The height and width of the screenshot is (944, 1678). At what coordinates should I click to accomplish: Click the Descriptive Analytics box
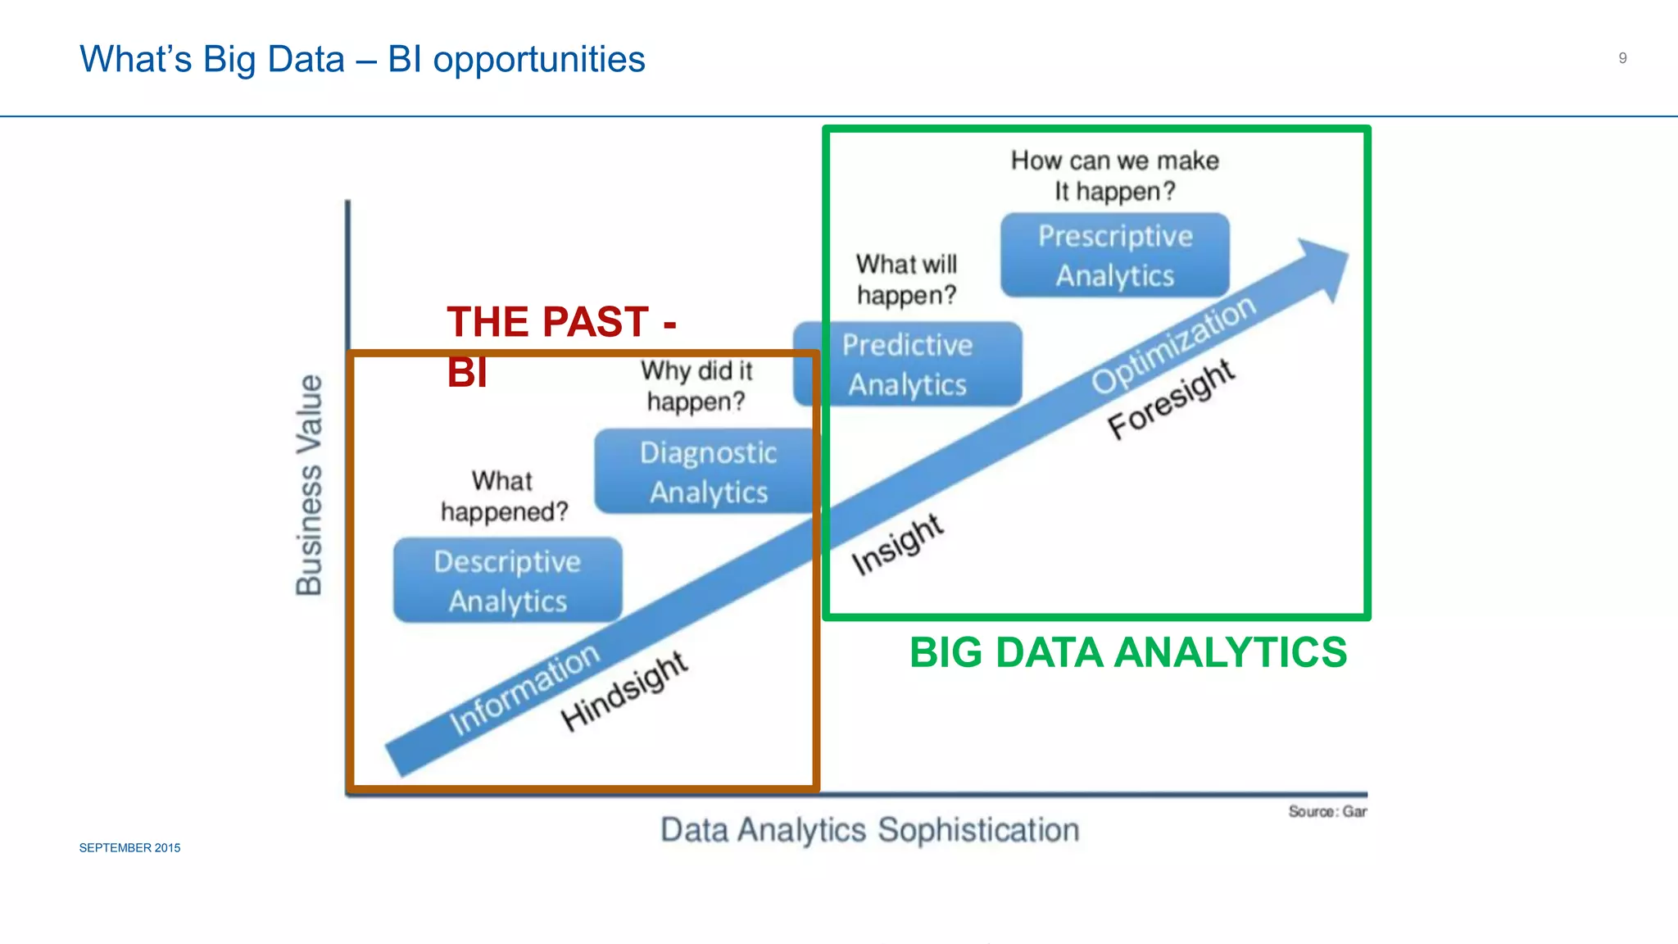(507, 580)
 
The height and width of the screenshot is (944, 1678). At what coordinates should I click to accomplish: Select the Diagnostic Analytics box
(706, 472)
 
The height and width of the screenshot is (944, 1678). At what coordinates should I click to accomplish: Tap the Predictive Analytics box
(908, 365)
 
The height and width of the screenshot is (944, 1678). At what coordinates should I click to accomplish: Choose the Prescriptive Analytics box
(1114, 256)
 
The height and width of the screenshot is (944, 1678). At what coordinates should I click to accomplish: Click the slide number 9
(1622, 58)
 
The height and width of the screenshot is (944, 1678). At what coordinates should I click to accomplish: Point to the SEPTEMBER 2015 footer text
(129, 848)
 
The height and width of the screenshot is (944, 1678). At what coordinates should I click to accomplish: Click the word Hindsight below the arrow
(624, 692)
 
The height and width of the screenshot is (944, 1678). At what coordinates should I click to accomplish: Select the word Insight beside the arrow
(898, 545)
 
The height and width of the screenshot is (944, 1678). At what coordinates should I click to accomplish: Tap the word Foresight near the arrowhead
(1171, 400)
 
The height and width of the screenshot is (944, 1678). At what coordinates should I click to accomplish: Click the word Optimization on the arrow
(1173, 344)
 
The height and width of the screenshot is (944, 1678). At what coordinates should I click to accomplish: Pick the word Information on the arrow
(524, 690)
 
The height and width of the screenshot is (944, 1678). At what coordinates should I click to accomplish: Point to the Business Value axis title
(310, 485)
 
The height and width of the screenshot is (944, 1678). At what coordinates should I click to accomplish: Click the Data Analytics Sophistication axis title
(870, 830)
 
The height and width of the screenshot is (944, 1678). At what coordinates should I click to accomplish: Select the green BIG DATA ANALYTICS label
(1127, 653)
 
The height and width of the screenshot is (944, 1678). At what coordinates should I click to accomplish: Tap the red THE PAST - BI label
(560, 344)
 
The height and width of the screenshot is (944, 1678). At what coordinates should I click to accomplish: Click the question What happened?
(504, 497)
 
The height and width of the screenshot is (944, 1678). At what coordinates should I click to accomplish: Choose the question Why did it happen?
(696, 386)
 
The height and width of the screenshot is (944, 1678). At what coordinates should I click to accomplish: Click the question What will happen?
(906, 279)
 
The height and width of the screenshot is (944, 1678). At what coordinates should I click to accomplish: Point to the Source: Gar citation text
(1327, 811)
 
